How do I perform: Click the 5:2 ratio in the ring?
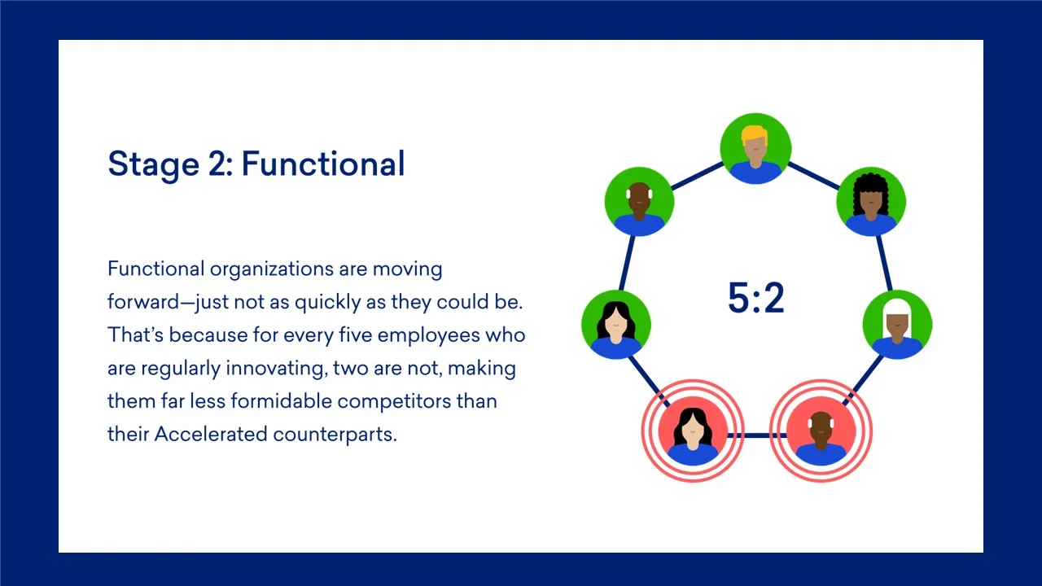pyautogui.click(x=756, y=298)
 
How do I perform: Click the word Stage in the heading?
pyautogui.click(x=154, y=164)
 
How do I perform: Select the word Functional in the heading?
pyautogui.click(x=323, y=164)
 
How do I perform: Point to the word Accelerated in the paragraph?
pyautogui.click(x=211, y=435)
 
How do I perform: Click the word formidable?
pyautogui.click(x=281, y=401)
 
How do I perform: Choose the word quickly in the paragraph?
pyautogui.click(x=328, y=303)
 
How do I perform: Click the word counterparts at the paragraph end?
pyautogui.click(x=335, y=435)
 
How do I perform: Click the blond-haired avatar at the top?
pyautogui.click(x=755, y=149)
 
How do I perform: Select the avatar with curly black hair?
pyautogui.click(x=871, y=202)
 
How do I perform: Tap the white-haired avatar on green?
pyautogui.click(x=897, y=325)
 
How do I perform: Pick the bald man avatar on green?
pyautogui.click(x=640, y=202)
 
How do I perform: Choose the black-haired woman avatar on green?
pyautogui.click(x=616, y=325)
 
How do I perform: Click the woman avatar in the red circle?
pyautogui.click(x=693, y=431)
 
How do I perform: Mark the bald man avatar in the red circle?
pyautogui.click(x=821, y=431)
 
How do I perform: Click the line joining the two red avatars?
pyautogui.click(x=757, y=435)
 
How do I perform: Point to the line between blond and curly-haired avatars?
pyautogui.click(x=813, y=176)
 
